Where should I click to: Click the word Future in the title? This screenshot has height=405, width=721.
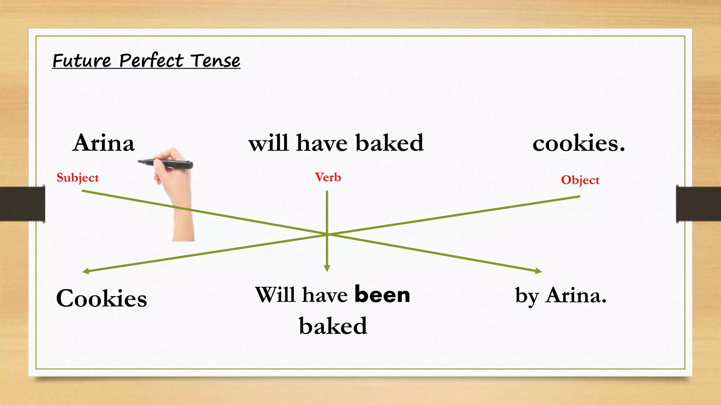tap(82, 60)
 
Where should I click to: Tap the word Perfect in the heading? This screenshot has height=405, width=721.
tap(151, 60)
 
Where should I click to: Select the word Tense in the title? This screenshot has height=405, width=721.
tap(216, 60)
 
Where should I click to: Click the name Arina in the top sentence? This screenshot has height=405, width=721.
tap(104, 143)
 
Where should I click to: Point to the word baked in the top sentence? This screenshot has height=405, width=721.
tap(389, 143)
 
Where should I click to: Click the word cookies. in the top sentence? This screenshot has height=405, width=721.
tap(578, 144)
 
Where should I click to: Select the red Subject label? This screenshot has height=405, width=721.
tap(77, 178)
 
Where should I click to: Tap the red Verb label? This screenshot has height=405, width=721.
tap(328, 177)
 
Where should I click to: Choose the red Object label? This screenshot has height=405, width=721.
tap(580, 180)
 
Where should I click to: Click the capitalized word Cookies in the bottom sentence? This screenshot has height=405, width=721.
tap(101, 299)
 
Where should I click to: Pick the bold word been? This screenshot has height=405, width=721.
tap(382, 294)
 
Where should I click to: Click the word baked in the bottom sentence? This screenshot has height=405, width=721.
tap(333, 326)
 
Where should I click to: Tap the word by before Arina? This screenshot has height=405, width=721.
tap(527, 296)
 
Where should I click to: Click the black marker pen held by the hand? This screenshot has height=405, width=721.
tap(165, 163)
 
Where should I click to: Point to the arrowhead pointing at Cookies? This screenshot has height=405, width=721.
tap(85, 271)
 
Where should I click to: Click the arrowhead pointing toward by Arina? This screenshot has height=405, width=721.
tap(539, 271)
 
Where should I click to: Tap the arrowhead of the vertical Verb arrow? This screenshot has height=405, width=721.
tap(327, 269)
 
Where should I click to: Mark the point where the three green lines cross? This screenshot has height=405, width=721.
tap(327, 234)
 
